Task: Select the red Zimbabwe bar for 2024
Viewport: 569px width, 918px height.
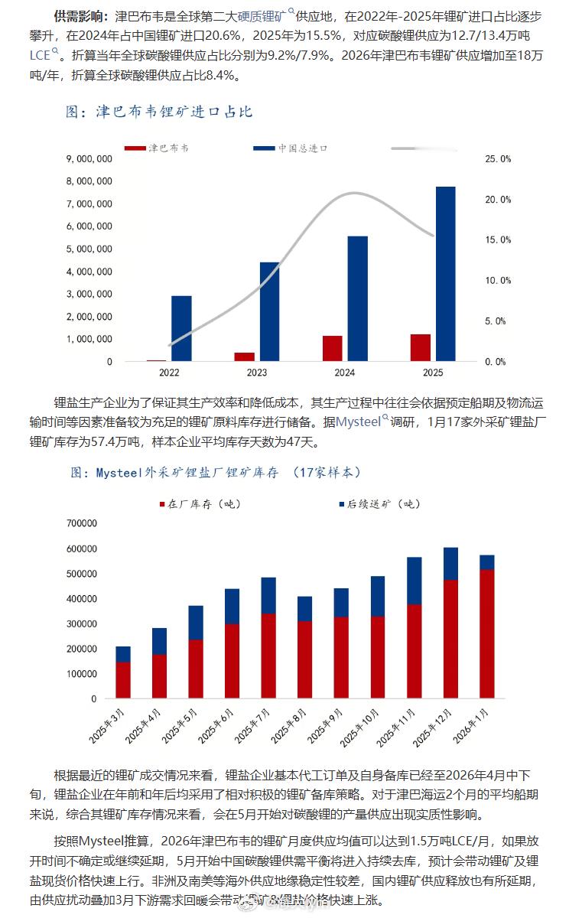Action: (x=332, y=348)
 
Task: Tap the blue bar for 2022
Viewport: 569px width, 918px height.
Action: (x=181, y=328)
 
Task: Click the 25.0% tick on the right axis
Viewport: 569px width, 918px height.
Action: (x=498, y=159)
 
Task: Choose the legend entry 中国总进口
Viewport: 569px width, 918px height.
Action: (x=302, y=148)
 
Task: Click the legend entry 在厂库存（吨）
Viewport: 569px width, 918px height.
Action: (x=194, y=503)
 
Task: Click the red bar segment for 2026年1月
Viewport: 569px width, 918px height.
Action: (x=486, y=634)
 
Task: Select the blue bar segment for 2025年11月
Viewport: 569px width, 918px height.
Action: (x=414, y=581)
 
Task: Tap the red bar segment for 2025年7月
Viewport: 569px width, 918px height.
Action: (x=268, y=656)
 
